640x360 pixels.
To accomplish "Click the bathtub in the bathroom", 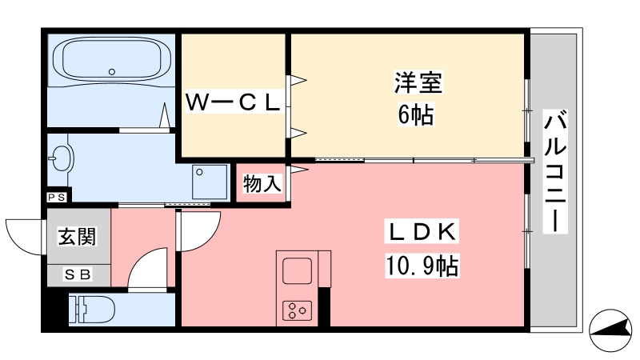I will click(x=112, y=59).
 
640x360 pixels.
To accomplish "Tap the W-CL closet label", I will click(x=233, y=102).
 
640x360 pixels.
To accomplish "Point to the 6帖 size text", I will click(x=416, y=116).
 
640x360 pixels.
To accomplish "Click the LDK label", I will click(x=424, y=232).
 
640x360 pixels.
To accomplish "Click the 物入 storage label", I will click(x=262, y=185).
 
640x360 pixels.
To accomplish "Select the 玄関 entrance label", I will click(x=77, y=238).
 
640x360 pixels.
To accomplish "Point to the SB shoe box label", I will click(x=78, y=274).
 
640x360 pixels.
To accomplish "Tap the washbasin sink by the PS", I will click(x=61, y=158).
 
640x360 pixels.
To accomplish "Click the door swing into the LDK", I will click(x=200, y=233).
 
